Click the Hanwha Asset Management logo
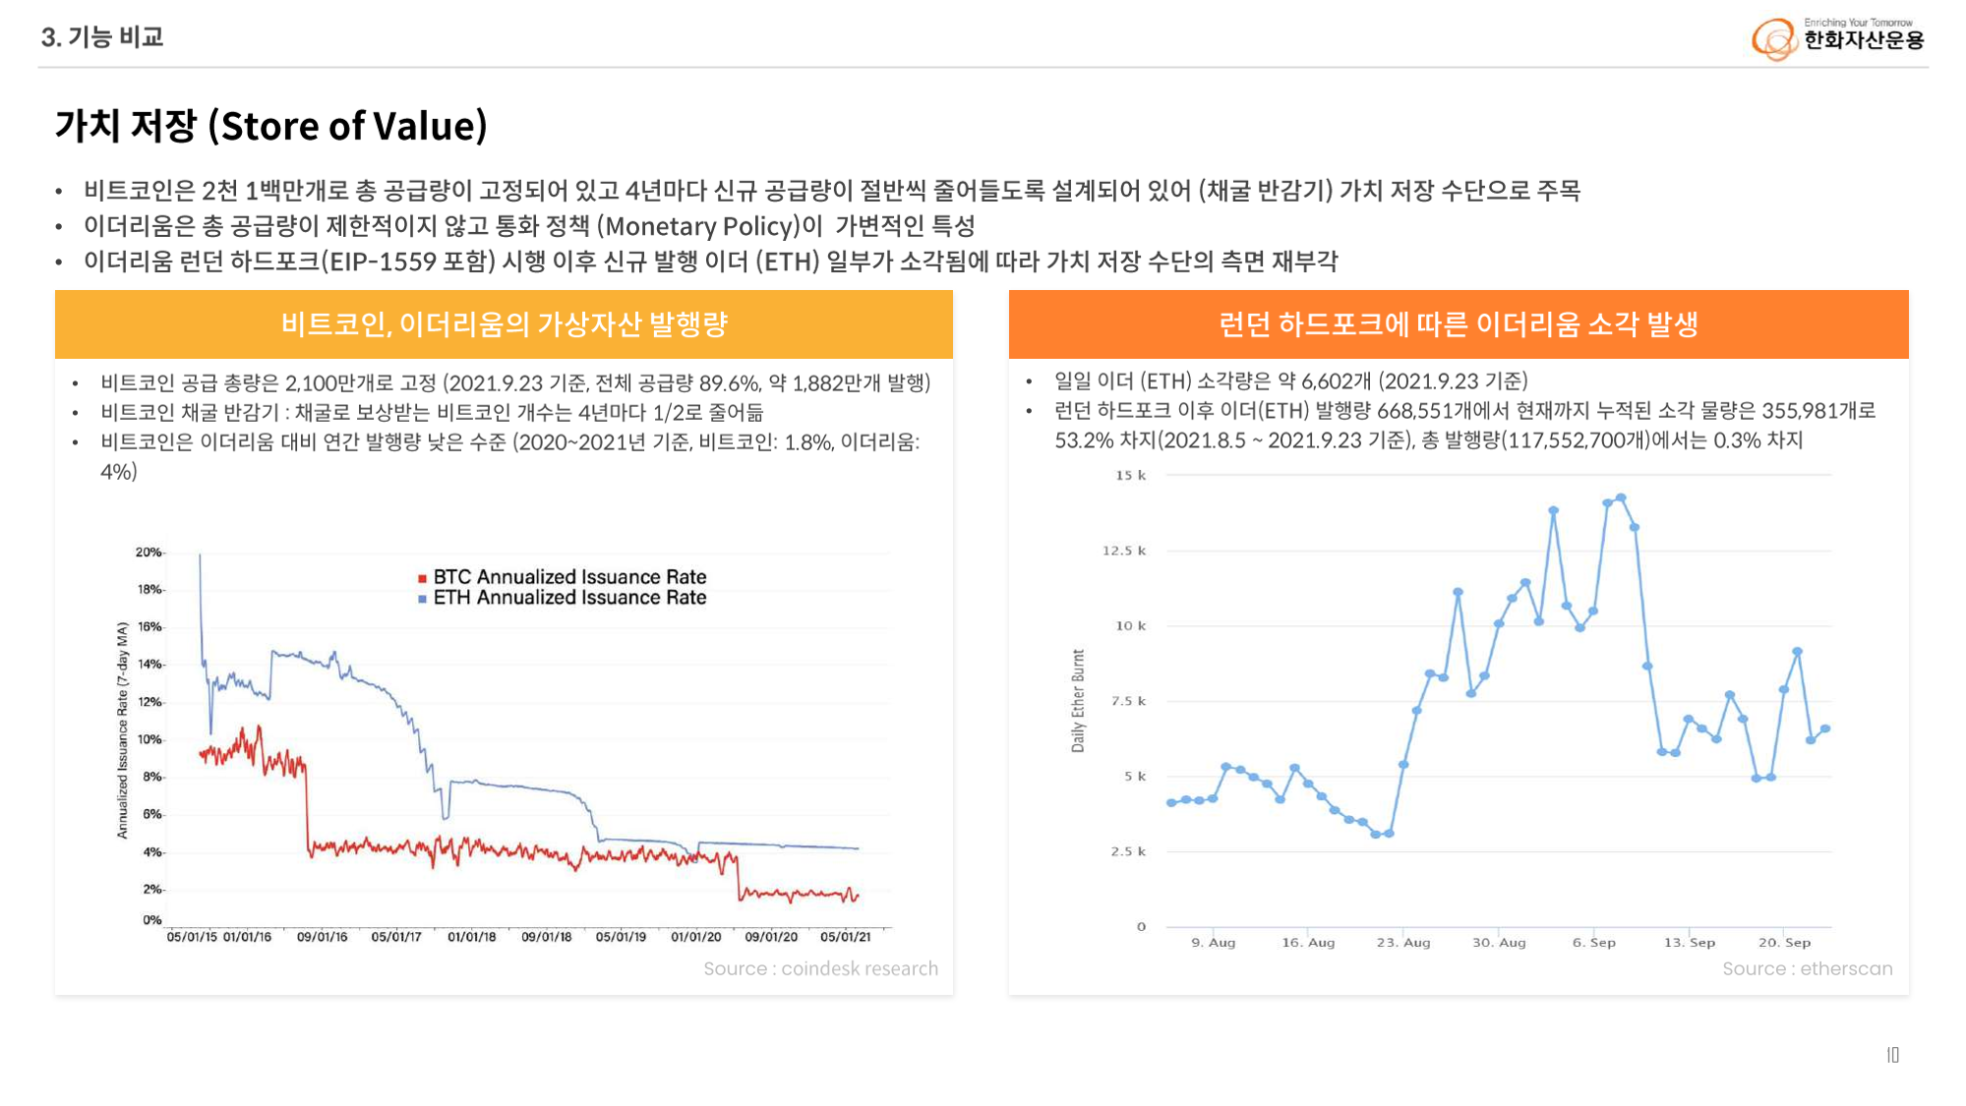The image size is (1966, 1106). pos(1837,37)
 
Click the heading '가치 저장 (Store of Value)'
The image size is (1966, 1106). pos(271,127)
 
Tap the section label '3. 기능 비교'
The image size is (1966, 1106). pos(102,37)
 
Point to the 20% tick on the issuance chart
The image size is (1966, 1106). pos(149,553)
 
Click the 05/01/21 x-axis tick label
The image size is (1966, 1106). pos(845,937)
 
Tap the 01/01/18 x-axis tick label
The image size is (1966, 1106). pos(472,937)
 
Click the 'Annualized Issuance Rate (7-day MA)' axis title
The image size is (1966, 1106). pos(123,729)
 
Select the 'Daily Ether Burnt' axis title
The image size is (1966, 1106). pos(1078,700)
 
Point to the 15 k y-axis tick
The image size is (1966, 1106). pos(1130,476)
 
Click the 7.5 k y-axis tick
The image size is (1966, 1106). pos(1128,701)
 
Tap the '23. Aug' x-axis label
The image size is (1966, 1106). pos(1403,943)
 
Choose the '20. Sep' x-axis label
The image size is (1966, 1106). pos(1784,943)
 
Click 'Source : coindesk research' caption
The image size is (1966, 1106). pos(820,969)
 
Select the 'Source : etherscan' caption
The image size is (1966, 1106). pos(1807,969)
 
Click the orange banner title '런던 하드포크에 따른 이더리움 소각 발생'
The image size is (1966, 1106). pos(1458,324)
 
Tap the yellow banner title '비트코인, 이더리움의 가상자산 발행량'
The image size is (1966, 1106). pos(504,324)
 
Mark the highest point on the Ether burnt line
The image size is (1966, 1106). pos(1621,498)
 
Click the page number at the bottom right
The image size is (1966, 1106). pos(1892,1055)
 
